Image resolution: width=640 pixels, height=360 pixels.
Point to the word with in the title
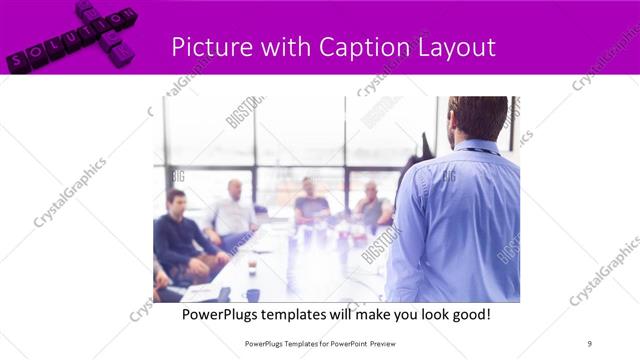point(285,47)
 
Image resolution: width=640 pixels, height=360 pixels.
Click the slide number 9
point(589,344)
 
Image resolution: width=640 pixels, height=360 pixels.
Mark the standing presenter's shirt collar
point(480,148)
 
